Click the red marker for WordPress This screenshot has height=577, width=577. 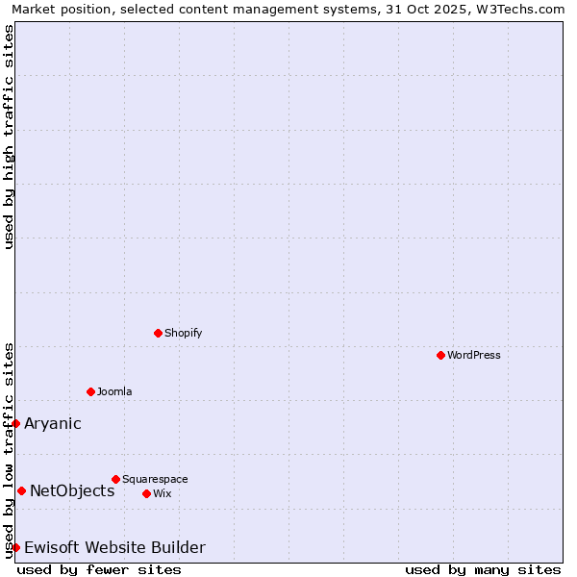[440, 355]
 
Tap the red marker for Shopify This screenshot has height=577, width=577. [158, 333]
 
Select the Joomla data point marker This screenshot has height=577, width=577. [90, 391]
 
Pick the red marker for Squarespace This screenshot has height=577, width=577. [115, 479]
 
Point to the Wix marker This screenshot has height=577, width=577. [146, 493]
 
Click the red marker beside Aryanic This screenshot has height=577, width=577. [15, 423]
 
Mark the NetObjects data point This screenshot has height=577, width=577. [21, 490]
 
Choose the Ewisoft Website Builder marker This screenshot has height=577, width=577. [15, 547]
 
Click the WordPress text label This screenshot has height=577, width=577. [474, 355]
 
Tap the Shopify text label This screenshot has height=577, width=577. [184, 333]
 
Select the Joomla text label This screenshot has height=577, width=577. [114, 391]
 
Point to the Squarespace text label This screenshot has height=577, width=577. [155, 479]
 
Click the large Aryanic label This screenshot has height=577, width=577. [53, 423]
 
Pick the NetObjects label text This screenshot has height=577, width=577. [72, 490]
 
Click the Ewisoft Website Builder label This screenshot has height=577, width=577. [114, 547]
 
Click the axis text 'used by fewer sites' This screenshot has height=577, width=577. [99, 569]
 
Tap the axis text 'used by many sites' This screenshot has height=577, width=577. [483, 569]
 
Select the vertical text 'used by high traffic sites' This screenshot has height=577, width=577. [9, 137]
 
